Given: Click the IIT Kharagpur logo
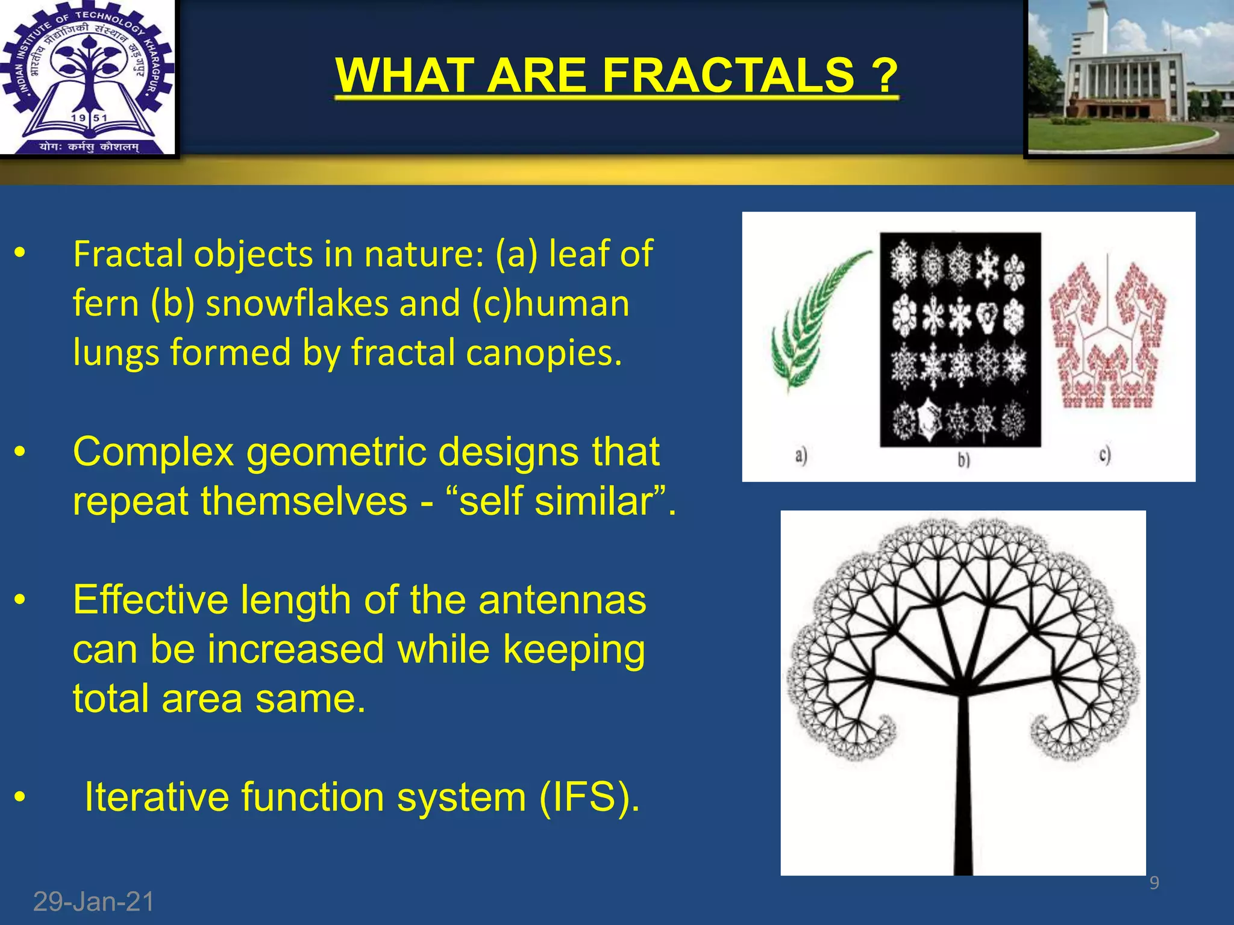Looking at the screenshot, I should pyautogui.click(x=87, y=78).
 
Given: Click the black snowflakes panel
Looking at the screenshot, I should pyautogui.click(x=960, y=339).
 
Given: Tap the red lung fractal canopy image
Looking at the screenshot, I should pyautogui.click(x=1107, y=337).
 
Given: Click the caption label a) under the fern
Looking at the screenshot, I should pyautogui.click(x=800, y=455).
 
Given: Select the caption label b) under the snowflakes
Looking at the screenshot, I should pyautogui.click(x=963, y=459).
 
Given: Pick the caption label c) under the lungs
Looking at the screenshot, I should pyautogui.click(x=1104, y=455).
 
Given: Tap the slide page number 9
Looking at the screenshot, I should pyautogui.click(x=1154, y=883).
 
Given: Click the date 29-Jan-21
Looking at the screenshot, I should pyautogui.click(x=93, y=902).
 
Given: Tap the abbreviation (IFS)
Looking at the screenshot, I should pyautogui.click(x=589, y=797).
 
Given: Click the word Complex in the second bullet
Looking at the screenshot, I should pyautogui.click(x=153, y=452).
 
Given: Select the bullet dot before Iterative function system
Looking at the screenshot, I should pyautogui.click(x=20, y=797).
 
